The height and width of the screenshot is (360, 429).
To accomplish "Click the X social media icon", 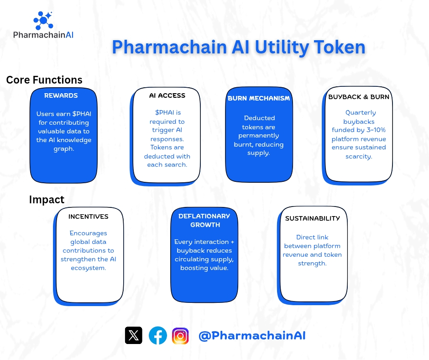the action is (x=133, y=335).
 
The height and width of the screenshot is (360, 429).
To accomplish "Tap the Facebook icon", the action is (x=158, y=335).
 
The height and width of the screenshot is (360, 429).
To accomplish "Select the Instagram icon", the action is (x=180, y=335).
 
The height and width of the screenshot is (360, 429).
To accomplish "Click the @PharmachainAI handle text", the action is (x=252, y=336).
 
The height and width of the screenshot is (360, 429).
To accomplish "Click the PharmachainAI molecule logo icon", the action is (x=43, y=20).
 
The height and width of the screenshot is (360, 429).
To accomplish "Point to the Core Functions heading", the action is (x=44, y=80).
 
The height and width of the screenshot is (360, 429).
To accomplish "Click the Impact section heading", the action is (x=47, y=200).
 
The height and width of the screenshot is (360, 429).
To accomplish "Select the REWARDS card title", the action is (x=61, y=95).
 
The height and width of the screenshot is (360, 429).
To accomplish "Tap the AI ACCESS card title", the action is (x=167, y=95).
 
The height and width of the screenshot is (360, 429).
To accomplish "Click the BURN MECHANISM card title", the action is (x=259, y=98).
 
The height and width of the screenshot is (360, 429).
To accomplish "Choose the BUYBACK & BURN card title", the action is (x=359, y=97).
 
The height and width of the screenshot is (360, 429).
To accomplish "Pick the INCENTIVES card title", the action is (x=89, y=217).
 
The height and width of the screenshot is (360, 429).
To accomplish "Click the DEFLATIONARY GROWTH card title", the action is (x=204, y=220).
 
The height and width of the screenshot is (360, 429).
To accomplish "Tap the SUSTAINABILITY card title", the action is (x=313, y=218).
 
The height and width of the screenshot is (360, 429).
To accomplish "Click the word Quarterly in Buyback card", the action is (x=361, y=112).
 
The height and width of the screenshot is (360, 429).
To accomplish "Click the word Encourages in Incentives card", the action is (x=89, y=233).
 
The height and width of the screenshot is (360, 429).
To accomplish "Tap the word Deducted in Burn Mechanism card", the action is (x=259, y=118).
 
